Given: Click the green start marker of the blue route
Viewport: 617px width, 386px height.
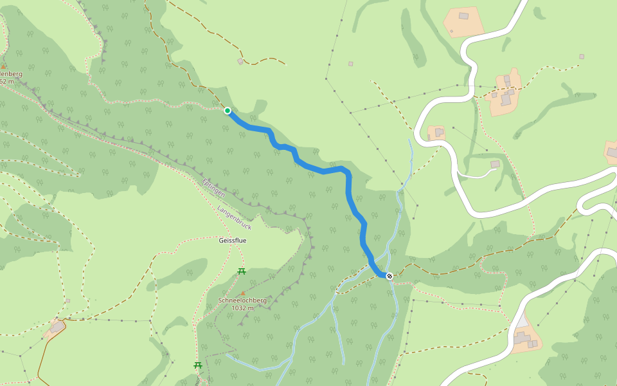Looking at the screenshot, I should point(228,111).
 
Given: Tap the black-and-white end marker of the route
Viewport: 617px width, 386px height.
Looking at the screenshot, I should point(389,276).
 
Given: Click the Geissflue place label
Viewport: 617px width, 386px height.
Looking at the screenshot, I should point(233,240).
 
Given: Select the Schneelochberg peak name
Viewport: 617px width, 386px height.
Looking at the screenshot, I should point(242,300).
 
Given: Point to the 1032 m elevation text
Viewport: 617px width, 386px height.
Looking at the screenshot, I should point(242,308).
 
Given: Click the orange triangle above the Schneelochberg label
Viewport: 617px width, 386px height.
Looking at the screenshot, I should point(243,293).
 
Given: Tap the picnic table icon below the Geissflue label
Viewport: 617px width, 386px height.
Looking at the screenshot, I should point(242,271).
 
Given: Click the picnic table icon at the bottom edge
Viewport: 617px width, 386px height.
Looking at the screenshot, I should point(198,365).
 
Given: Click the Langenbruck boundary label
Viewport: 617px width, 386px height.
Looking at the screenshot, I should point(234,218).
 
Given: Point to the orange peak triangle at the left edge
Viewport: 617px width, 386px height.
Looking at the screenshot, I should point(3,66).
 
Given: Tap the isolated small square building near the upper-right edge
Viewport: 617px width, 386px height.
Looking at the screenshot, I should point(582,57).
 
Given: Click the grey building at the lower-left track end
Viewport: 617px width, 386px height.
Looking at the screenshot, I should point(57,327).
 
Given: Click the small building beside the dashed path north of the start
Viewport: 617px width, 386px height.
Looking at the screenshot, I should point(240,61).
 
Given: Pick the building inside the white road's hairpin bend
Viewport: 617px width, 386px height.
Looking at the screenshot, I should point(439,132).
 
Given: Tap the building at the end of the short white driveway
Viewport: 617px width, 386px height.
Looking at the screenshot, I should point(495,165).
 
